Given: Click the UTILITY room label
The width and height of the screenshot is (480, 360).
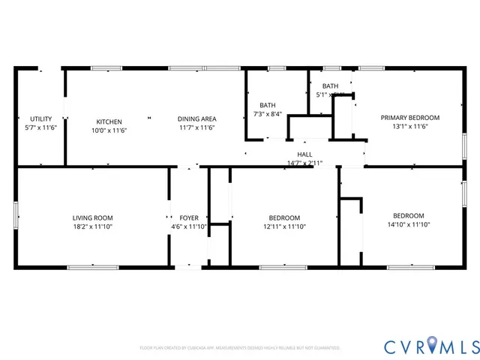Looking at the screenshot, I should click(x=40, y=118).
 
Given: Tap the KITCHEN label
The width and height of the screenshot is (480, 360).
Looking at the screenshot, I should click(x=109, y=121).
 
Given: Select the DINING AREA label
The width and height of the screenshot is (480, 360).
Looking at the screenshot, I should click(x=197, y=118).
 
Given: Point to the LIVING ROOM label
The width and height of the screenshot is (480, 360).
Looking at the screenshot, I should click(x=93, y=217).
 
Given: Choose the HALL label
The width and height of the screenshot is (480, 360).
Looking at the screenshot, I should click(x=304, y=154).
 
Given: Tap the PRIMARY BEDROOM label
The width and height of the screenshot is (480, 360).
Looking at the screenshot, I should click(x=409, y=118).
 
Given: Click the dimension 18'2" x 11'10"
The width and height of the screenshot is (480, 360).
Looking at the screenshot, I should click(x=93, y=226).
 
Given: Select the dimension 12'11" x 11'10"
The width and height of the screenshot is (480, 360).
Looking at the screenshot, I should click(x=284, y=226).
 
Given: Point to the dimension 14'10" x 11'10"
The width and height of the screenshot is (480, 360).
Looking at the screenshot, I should click(x=409, y=224).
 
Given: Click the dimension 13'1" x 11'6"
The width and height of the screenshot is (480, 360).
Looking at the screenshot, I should click(x=409, y=127).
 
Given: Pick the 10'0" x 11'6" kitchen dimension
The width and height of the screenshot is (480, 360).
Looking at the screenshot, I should click(x=109, y=130).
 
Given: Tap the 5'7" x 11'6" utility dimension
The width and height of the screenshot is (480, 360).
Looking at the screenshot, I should click(x=40, y=128).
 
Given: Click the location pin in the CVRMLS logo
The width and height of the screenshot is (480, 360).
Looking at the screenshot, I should click(x=433, y=346).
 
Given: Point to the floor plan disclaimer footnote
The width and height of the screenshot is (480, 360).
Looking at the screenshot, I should click(x=239, y=348).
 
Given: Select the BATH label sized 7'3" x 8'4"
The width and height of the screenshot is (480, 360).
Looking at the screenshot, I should click(x=268, y=105).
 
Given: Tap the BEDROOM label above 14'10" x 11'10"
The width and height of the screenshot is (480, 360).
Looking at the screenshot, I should click(x=409, y=215).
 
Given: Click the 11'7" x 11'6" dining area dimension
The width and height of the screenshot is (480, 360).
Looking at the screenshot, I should click(x=197, y=128).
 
